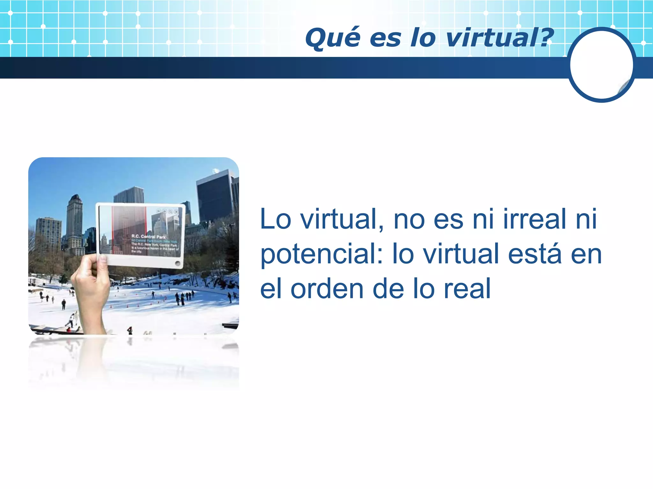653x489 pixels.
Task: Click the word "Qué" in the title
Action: (x=332, y=39)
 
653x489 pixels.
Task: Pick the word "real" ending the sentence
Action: (x=467, y=289)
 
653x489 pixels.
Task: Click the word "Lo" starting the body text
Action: (x=275, y=219)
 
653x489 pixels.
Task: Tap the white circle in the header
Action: (x=601, y=65)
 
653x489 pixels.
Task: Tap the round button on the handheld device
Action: (x=178, y=263)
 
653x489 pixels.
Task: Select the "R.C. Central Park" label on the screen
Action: (x=149, y=237)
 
